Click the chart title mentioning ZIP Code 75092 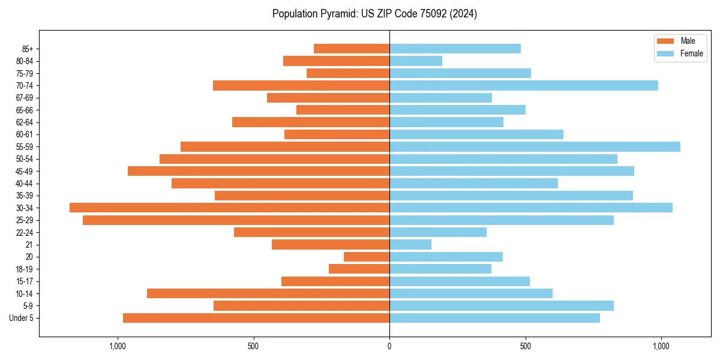[x=374, y=14]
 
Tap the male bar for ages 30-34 [x=230, y=208]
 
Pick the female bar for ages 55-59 [x=535, y=146]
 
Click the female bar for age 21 [x=410, y=244]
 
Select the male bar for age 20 [x=367, y=257]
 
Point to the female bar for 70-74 [x=524, y=85]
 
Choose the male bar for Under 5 [x=256, y=318]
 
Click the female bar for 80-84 [x=416, y=61]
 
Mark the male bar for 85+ [x=352, y=49]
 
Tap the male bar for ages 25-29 [x=236, y=220]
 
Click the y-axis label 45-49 [x=25, y=171]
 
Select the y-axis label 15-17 [x=25, y=281]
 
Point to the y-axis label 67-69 [x=25, y=98]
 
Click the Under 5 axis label [x=22, y=318]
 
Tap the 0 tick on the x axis [x=389, y=346]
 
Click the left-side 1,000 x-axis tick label [x=118, y=346]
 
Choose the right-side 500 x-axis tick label [x=525, y=346]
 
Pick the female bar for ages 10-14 [x=471, y=293]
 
